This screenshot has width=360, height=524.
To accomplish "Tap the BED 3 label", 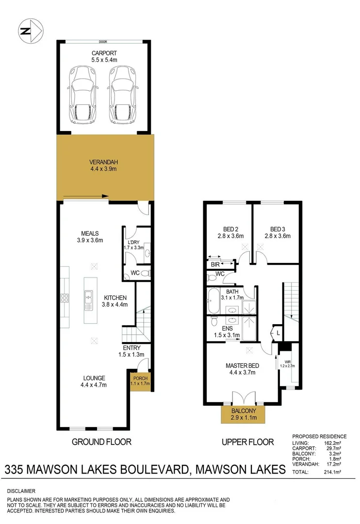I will click(277, 229).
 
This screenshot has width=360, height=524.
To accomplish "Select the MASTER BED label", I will click(242, 365).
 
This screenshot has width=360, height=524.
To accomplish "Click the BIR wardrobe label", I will click(215, 265).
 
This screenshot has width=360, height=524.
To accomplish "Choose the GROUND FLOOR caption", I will click(101, 442).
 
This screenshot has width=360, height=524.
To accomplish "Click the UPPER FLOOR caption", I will click(247, 442).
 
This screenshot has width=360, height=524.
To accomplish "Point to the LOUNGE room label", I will click(94, 378).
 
